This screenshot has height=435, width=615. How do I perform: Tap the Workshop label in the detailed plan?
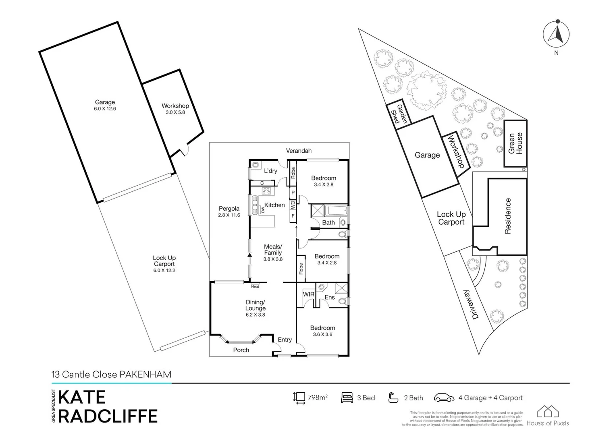point(175,106)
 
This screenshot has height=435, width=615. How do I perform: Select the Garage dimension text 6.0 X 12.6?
point(105,109)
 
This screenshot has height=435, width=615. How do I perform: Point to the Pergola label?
point(229,209)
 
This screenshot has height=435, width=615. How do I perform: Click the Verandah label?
point(299,151)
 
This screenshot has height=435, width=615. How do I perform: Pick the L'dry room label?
point(270,171)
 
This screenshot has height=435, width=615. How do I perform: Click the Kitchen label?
point(274,205)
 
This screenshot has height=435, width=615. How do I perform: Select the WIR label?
point(309,294)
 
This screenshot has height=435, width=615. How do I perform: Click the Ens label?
point(330,297)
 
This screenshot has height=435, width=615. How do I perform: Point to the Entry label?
point(285,340)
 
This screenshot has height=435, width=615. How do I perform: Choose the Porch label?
point(241,350)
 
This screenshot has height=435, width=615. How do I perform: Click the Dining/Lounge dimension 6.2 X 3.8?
point(255,315)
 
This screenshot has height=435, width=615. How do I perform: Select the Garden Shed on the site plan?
point(399,114)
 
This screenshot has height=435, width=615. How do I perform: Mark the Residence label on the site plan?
point(508,216)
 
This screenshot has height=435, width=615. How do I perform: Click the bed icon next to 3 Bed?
point(347,398)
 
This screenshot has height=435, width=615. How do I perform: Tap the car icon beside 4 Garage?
point(444,398)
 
